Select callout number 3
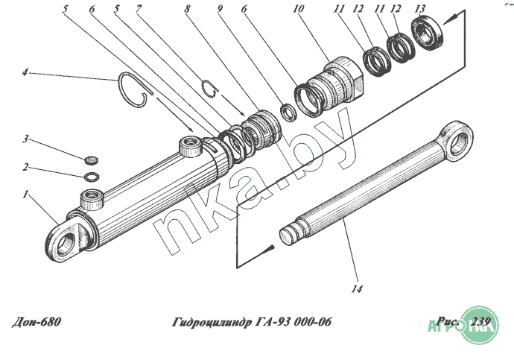[25, 139]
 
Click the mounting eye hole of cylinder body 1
[64, 243]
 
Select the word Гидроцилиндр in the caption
[212, 322]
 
